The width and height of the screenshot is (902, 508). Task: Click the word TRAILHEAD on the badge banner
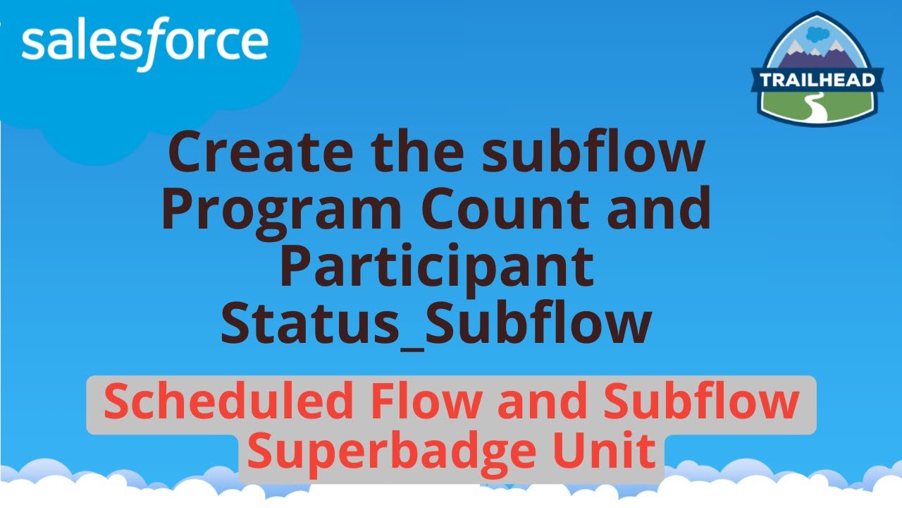click(817, 79)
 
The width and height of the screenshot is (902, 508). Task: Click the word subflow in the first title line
click(592, 153)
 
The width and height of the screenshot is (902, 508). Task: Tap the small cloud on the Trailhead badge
click(817, 33)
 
